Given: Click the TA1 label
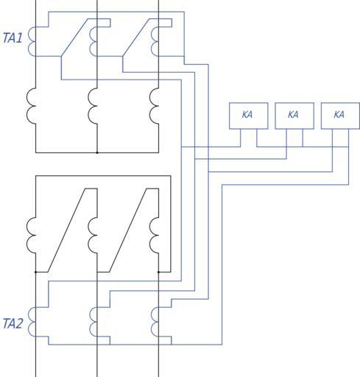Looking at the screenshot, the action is click(13, 38).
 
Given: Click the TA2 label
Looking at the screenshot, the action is click(13, 323).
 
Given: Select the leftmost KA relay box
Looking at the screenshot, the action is click(248, 116).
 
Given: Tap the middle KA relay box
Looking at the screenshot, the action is click(294, 116).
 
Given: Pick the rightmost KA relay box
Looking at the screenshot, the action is click(340, 116).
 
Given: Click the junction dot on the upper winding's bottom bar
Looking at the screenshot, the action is click(97, 152).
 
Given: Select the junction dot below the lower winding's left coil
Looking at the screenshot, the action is click(36, 272).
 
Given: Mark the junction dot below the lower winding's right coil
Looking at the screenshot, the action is click(158, 272).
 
